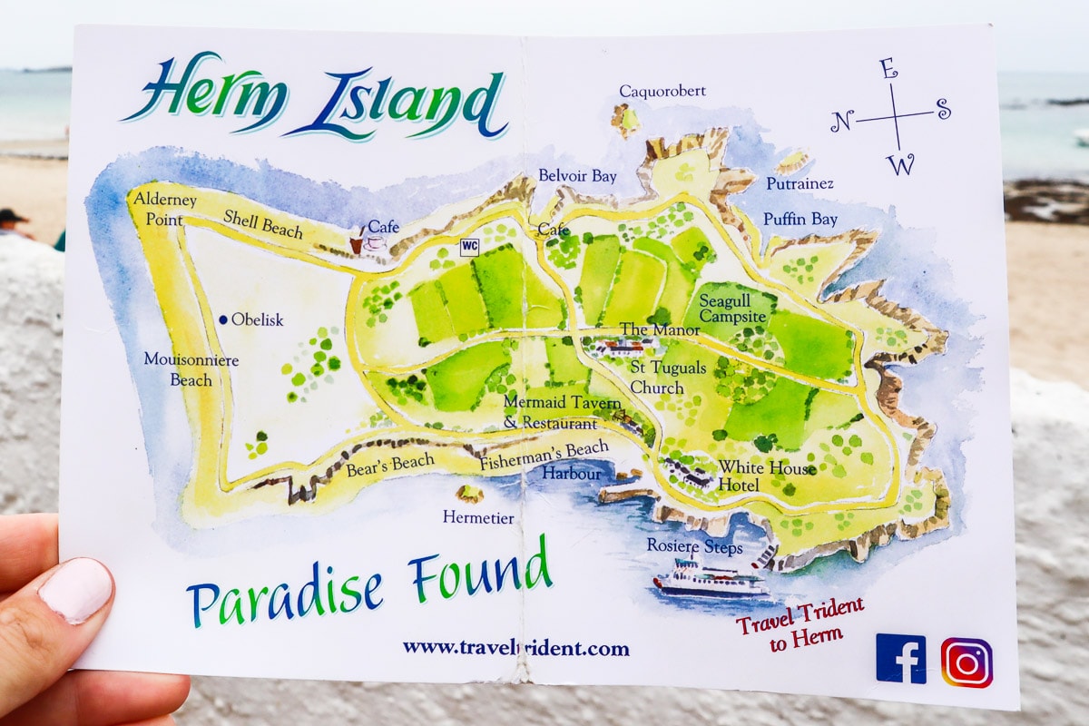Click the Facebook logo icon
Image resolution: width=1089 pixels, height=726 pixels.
[x=900, y=659]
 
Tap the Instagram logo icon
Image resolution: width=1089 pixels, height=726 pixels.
[x=966, y=662]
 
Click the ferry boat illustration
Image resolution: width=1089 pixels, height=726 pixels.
[x=711, y=578]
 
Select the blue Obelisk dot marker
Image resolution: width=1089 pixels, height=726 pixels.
[x=223, y=319]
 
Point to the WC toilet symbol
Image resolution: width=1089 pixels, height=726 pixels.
[x=469, y=245]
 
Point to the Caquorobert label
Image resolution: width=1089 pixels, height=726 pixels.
[x=662, y=91]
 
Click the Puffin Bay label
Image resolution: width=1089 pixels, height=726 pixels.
[x=800, y=219]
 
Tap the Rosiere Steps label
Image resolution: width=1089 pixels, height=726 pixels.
[x=694, y=547]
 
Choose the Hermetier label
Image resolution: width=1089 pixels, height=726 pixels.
[x=478, y=518]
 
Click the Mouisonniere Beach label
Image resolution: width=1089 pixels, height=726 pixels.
[x=191, y=369]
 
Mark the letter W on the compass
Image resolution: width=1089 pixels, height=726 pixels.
[x=900, y=164]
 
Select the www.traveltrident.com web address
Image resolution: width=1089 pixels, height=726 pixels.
[x=515, y=648]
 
